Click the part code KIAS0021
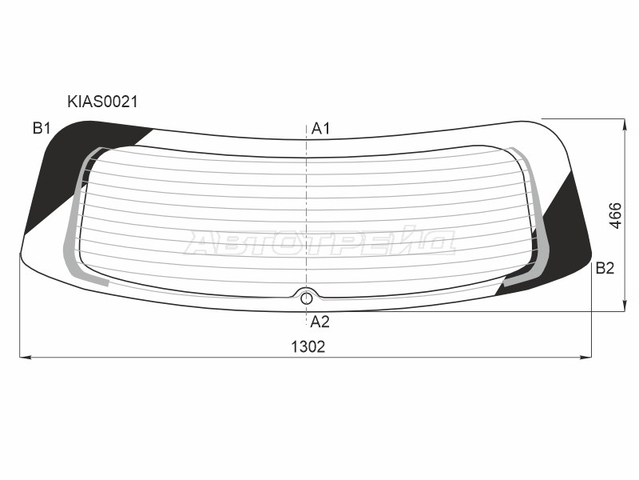[x=103, y=102]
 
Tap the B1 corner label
[x=42, y=129]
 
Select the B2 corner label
[x=605, y=268]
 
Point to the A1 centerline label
[x=320, y=129]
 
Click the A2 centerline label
[x=319, y=322]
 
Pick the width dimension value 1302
[x=308, y=347]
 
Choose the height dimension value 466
[x=615, y=215]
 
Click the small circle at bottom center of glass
[x=307, y=298]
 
